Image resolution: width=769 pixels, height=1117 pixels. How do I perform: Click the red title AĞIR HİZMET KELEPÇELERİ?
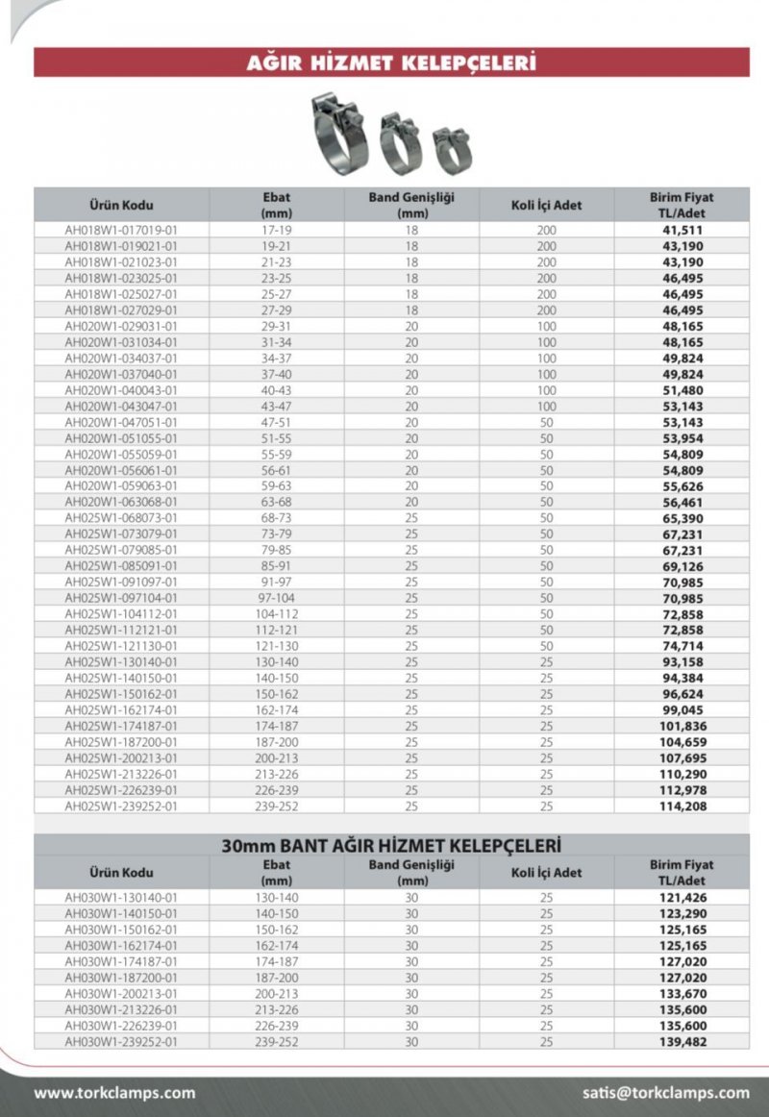(x=391, y=63)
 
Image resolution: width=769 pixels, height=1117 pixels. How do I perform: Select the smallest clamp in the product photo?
(x=452, y=150)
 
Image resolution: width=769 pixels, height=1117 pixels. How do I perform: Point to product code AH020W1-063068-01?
(x=121, y=502)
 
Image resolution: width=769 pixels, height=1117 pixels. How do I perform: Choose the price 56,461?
(x=682, y=502)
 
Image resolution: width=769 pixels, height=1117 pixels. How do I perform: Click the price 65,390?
(x=682, y=518)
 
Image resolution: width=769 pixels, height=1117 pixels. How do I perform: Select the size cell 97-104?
(x=277, y=598)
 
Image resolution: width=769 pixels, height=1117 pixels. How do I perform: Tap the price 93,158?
(x=682, y=662)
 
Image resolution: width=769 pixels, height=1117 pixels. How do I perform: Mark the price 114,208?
(x=682, y=806)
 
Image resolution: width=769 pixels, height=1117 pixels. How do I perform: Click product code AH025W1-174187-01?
(x=121, y=726)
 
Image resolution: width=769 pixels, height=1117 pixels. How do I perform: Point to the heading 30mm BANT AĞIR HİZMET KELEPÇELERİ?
(x=391, y=846)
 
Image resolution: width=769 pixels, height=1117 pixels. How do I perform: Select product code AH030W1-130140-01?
(x=121, y=898)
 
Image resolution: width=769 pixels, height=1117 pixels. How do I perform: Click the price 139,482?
(x=682, y=1041)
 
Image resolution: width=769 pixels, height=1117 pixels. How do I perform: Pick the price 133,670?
(x=682, y=993)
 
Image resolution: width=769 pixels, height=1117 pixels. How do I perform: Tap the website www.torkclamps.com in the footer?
(x=114, y=1093)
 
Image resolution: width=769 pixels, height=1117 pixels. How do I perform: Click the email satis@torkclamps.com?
(x=665, y=1093)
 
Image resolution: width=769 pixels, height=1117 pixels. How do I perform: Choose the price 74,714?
(x=682, y=646)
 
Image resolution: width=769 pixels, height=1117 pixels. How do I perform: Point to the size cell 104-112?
(x=277, y=614)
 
